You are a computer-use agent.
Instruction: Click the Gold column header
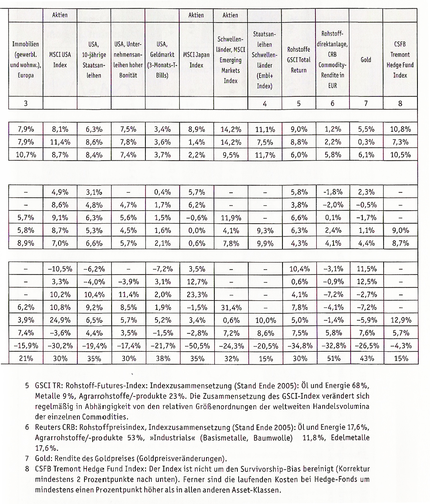click(366, 60)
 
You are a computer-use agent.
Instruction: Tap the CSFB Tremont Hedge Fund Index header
click(400, 60)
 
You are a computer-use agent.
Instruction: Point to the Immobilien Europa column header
click(25, 60)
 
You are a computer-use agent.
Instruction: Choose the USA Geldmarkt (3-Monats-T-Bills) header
click(162, 60)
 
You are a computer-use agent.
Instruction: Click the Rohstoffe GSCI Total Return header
click(298, 60)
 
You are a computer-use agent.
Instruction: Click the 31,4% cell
click(231, 307)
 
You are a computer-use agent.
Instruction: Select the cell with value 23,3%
click(196, 295)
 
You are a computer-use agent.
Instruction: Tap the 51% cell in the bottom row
click(333, 358)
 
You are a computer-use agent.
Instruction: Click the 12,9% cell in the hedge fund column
click(400, 320)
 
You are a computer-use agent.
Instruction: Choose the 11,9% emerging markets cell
click(231, 217)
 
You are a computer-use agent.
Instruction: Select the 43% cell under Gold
click(366, 358)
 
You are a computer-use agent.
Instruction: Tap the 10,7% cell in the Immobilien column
click(25, 155)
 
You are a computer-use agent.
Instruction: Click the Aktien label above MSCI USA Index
click(60, 15)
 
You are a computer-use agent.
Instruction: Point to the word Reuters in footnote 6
click(47, 428)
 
